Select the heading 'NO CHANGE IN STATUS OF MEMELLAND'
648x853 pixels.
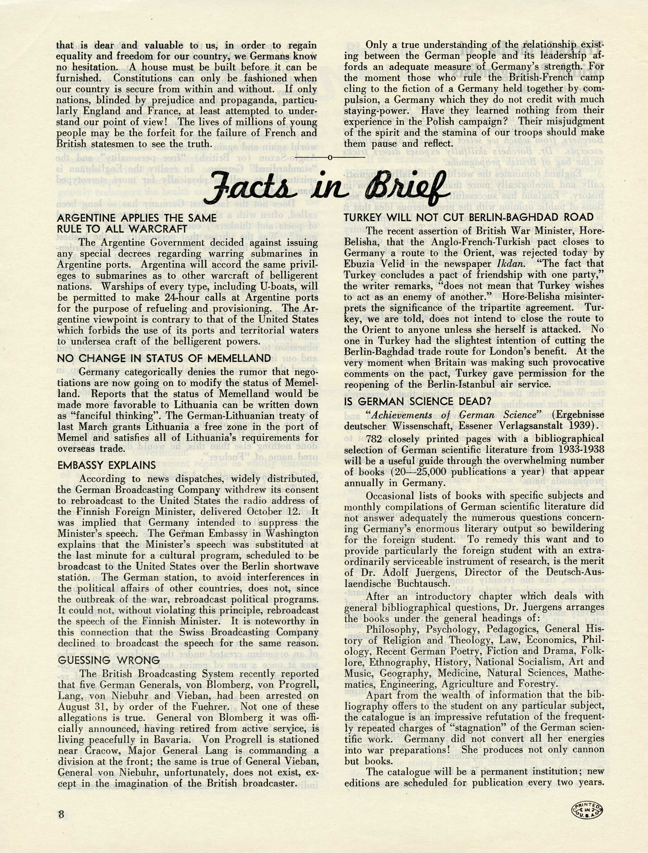tap(164, 358)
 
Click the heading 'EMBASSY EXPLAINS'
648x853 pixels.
tap(106, 465)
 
